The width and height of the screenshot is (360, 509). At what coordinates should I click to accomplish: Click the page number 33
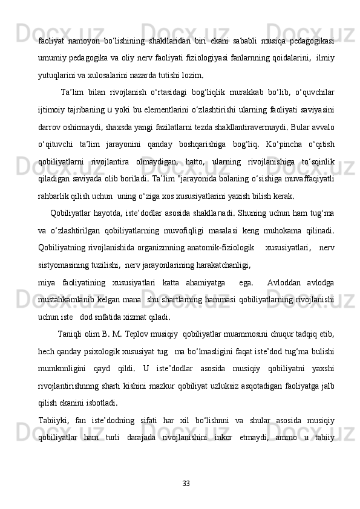tap(186, 482)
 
